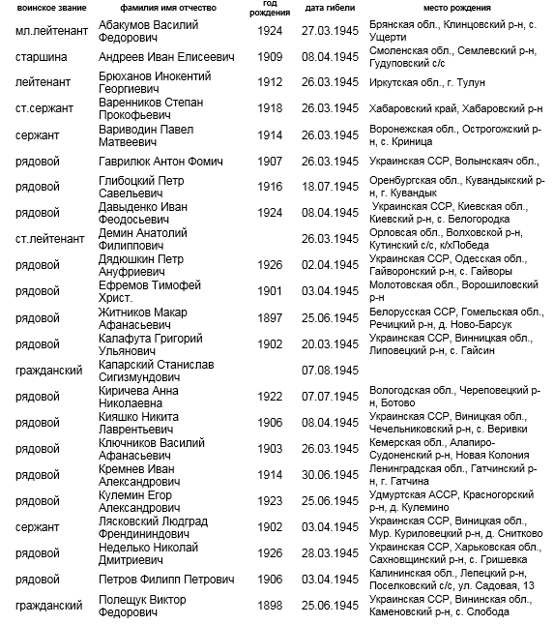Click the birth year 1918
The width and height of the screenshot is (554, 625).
[271, 108]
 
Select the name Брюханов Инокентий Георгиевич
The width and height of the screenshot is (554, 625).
[155, 83]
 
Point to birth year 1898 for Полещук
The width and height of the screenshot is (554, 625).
[271, 606]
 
